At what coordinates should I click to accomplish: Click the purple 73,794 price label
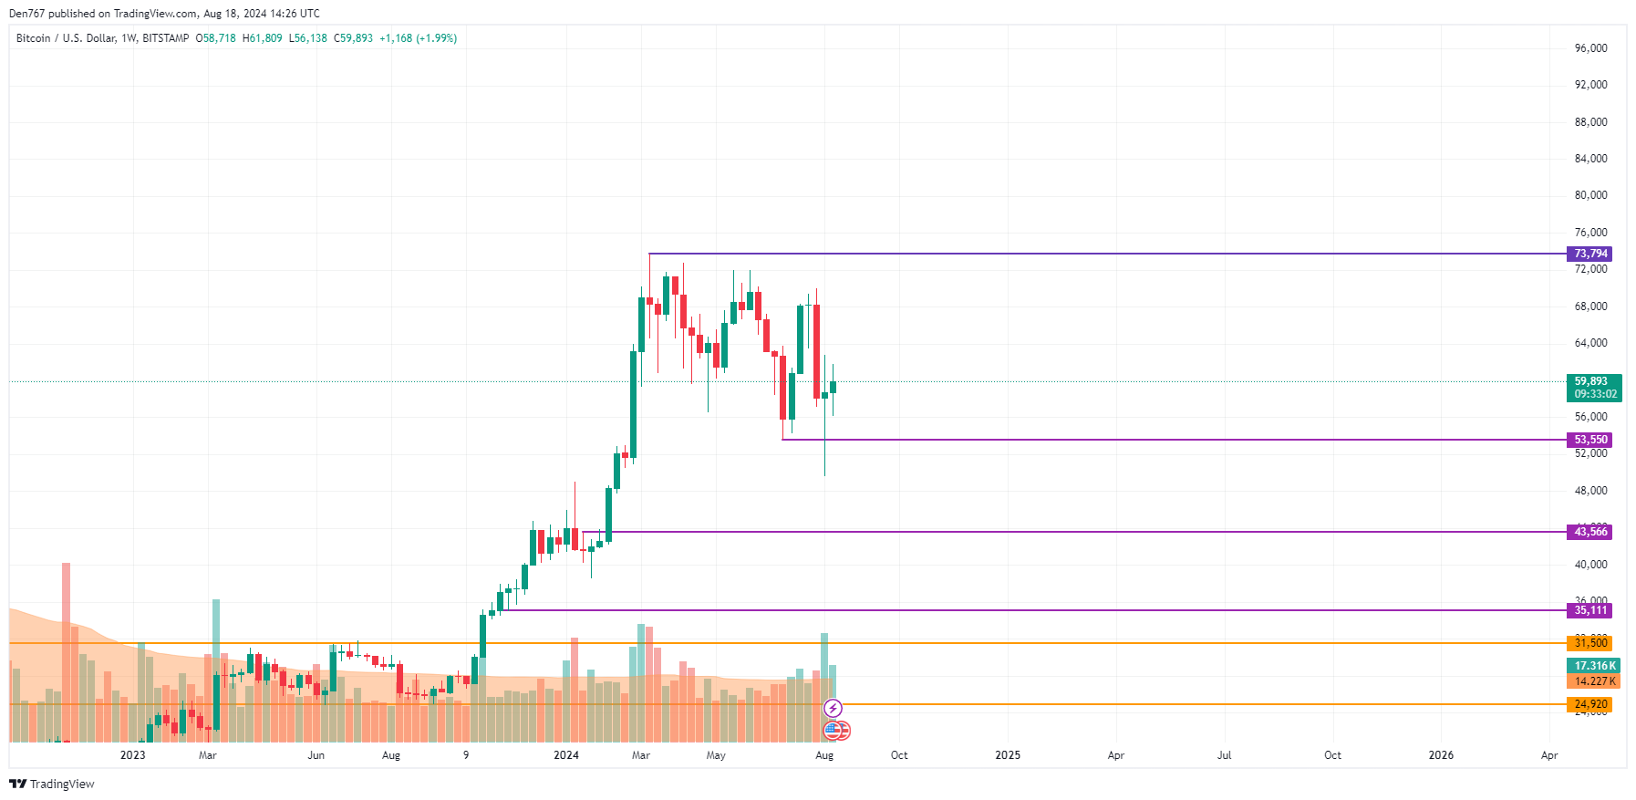[1590, 254]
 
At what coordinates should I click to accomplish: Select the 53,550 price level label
[1590, 440]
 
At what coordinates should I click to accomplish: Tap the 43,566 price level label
[1590, 532]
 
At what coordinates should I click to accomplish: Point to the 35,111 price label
[1590, 610]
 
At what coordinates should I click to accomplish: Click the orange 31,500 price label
[1590, 643]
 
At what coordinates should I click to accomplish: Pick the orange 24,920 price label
[1590, 704]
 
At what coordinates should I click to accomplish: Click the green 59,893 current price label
[1592, 382]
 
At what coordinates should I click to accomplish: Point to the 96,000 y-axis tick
[1590, 48]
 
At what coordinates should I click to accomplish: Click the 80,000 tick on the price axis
[1590, 195]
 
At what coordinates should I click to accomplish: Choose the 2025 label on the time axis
[1008, 755]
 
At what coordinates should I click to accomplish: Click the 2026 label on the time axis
[1441, 755]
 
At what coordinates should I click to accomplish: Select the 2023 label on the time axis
[133, 755]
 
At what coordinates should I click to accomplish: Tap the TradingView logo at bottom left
[52, 784]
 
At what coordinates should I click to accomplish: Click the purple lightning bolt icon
[833, 708]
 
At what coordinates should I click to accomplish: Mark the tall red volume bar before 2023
[66, 651]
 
